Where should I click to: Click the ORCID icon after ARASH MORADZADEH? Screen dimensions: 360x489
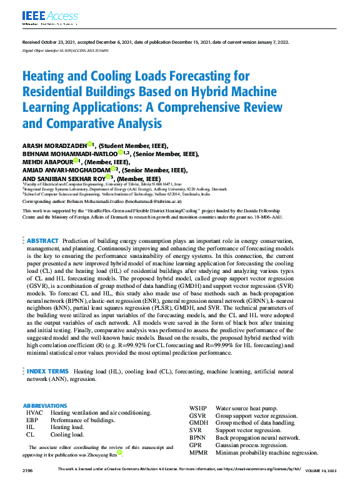(90, 145)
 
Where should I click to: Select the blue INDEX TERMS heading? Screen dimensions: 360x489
(47, 353)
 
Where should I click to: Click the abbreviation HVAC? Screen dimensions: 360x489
(35, 413)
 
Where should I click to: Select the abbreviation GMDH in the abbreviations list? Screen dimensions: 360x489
(199, 423)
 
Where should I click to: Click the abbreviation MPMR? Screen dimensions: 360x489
(199, 453)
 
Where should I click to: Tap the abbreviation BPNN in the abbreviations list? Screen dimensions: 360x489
(198, 438)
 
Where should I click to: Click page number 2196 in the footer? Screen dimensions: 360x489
(27, 468)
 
